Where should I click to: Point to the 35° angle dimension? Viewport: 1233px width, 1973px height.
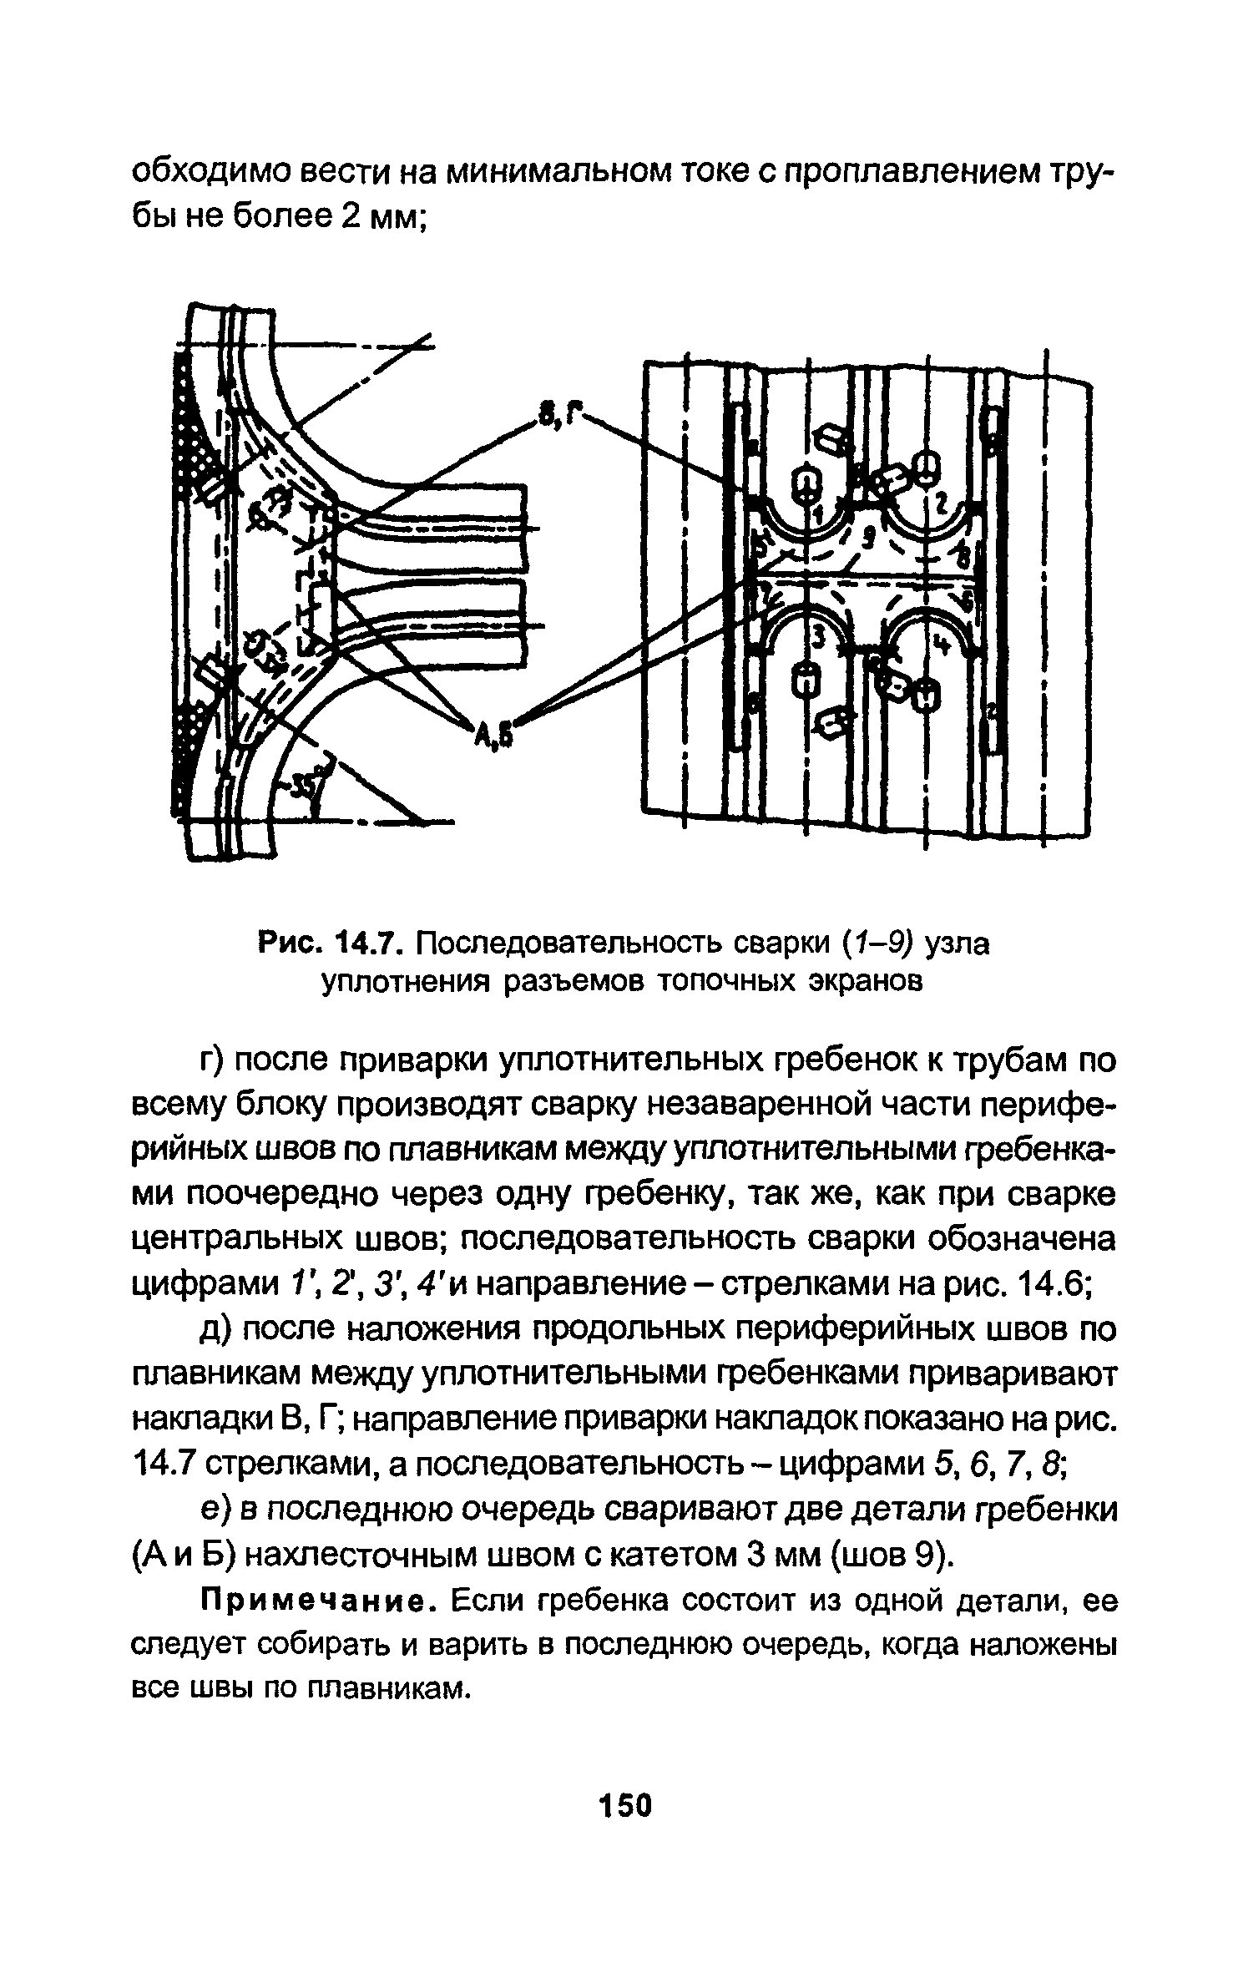(x=305, y=784)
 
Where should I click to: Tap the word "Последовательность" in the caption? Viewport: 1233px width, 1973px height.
(x=569, y=945)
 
